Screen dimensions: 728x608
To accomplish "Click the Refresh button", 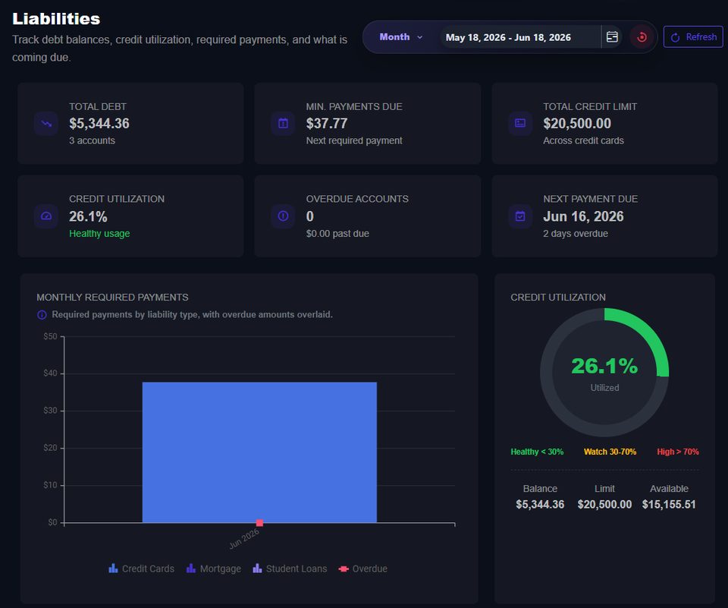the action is (693, 36).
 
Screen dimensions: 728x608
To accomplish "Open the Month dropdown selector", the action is (400, 36).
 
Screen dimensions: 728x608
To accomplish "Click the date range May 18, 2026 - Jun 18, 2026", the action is (508, 37).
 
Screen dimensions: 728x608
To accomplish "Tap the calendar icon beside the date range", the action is (612, 36).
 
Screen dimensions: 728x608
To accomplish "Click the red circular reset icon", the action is (642, 37).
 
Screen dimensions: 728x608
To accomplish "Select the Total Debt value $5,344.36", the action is (99, 123).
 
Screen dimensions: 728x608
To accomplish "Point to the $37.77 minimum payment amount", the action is (326, 123).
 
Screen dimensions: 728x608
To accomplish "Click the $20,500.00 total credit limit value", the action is (577, 123).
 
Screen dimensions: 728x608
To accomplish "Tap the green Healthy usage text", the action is (99, 233).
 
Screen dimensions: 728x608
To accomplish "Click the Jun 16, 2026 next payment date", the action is (583, 216).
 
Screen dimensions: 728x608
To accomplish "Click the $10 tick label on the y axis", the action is (51, 485).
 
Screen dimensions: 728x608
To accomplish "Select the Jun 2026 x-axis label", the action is (244, 538).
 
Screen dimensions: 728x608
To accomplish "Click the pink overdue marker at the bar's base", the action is (259, 523).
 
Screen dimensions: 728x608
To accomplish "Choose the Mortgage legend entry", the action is (214, 569).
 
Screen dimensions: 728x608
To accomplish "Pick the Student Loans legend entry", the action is (290, 569).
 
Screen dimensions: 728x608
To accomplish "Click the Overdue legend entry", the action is (362, 569).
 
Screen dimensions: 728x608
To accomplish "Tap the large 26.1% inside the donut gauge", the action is (604, 366).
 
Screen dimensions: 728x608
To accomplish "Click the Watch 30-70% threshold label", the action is (610, 452).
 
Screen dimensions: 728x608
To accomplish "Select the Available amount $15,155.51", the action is (669, 504).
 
